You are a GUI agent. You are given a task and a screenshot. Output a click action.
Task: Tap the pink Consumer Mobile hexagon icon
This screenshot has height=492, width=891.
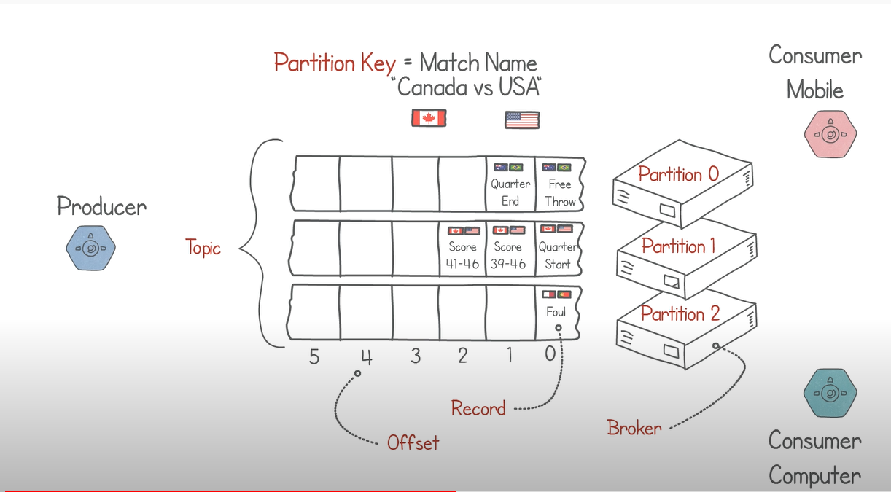[x=830, y=134]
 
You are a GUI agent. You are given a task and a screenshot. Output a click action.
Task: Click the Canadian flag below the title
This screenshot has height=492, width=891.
[x=429, y=118]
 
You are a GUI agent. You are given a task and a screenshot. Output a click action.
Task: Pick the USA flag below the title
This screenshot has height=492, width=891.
[x=522, y=120]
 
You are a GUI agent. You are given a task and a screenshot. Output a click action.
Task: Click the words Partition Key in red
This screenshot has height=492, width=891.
[x=335, y=63]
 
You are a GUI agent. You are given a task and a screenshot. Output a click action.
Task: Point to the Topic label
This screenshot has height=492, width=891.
[x=203, y=248]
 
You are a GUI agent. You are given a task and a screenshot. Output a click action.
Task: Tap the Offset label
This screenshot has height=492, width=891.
[x=413, y=442]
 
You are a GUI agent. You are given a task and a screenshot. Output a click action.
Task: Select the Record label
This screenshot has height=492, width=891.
[x=478, y=408]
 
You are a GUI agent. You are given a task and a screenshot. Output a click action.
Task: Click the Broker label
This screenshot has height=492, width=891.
[x=634, y=428]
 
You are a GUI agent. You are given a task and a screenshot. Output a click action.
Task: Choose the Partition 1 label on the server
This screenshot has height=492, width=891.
[x=678, y=246]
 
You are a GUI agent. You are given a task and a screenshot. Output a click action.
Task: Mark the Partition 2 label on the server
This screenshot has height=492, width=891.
[x=680, y=314]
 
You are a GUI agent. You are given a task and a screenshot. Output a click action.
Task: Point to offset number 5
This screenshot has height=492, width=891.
[x=314, y=357]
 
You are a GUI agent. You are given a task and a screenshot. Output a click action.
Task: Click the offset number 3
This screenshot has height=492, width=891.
[x=416, y=356]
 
